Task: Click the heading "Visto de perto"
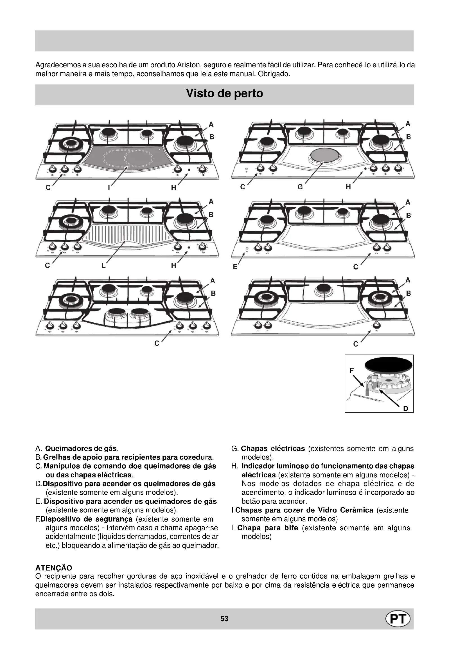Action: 224,93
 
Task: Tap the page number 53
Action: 224,627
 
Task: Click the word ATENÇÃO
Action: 53,568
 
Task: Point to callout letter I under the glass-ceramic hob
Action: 109,187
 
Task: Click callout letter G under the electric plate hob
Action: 300,187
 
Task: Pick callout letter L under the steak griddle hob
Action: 103,265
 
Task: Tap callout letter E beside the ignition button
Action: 235,267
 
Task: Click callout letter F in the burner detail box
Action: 352,370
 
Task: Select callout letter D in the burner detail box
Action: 405,408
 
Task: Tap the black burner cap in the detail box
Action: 389,366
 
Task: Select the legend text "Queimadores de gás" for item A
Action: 81,448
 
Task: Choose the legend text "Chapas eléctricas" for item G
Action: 273,448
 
